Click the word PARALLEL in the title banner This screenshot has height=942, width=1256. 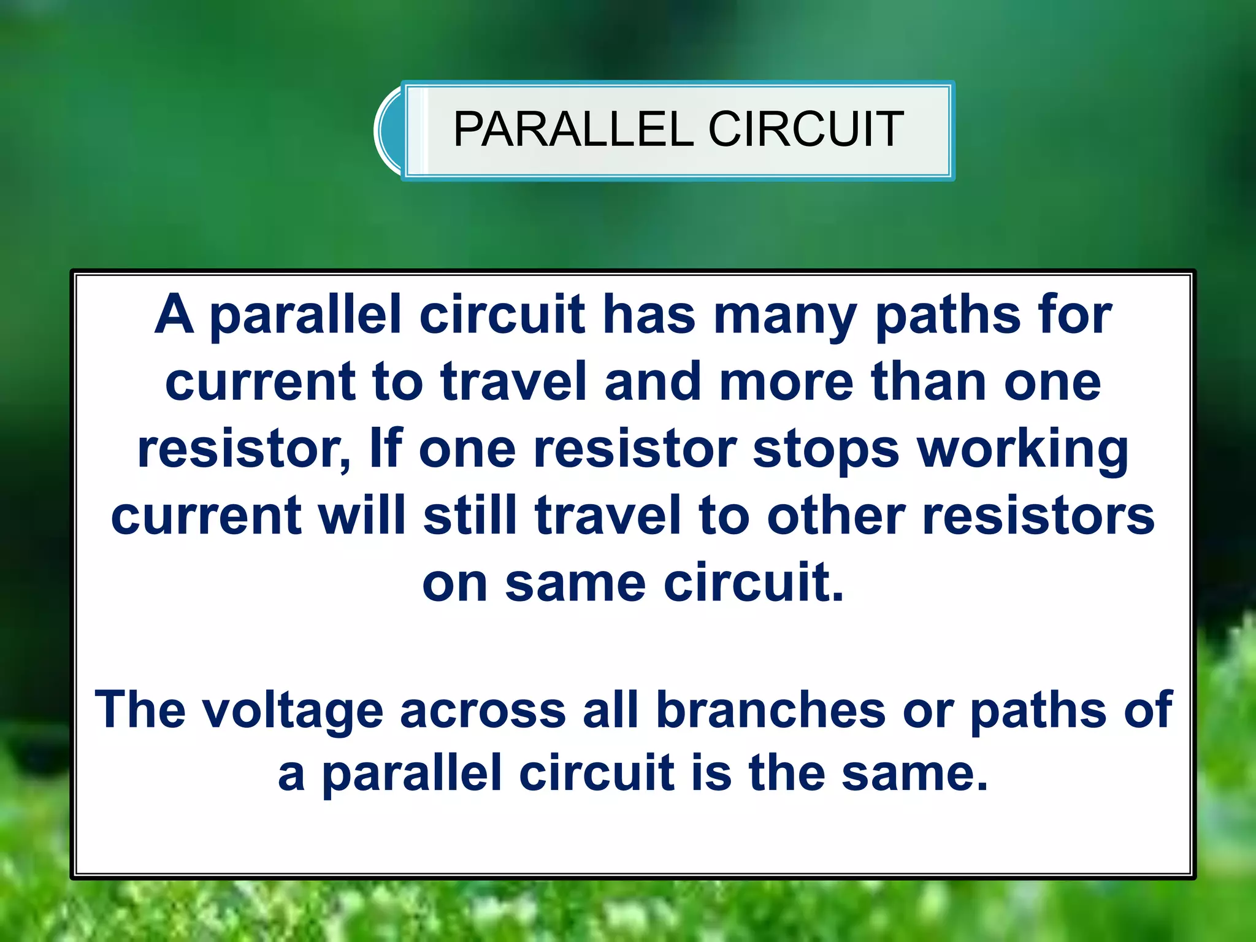pos(573,129)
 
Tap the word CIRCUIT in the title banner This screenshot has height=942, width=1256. pos(806,129)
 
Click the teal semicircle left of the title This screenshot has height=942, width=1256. pos(389,130)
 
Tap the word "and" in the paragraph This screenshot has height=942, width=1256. pos(653,381)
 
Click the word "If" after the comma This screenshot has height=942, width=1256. pos(386,448)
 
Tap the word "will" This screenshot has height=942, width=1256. pos(362,515)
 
